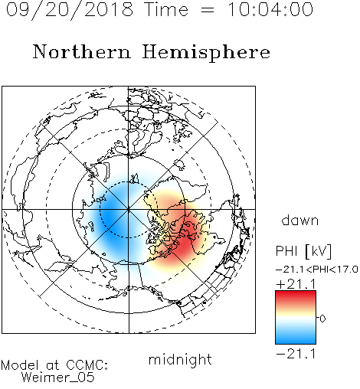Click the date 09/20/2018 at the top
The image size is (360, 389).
click(70, 10)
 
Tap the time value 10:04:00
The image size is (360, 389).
click(270, 9)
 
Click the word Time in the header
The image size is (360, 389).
click(166, 9)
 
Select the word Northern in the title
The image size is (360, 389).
click(82, 51)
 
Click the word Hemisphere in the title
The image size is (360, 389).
click(206, 53)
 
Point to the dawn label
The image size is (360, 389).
click(300, 220)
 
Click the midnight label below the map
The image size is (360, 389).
click(180, 359)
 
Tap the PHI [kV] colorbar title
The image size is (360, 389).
click(303, 251)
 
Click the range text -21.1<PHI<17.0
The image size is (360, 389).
click(317, 270)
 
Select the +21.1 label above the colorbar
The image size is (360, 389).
click(296, 284)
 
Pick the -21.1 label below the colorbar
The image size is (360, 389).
click(296, 354)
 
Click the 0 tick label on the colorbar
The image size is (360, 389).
click(322, 319)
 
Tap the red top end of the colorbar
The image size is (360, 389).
click(296, 293)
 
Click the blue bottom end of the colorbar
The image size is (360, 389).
click(296, 342)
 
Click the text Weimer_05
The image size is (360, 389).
click(57, 378)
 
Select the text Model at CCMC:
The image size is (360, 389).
click(54, 365)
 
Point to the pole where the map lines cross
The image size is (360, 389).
click(129, 209)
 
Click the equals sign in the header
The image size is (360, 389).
click(208, 10)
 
